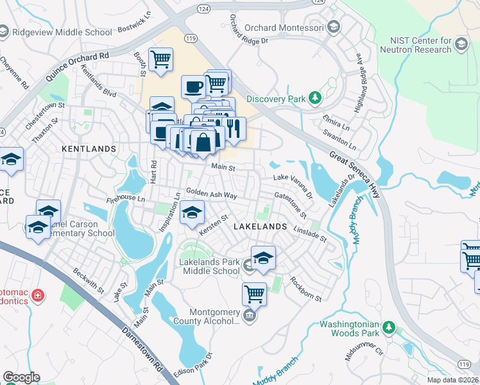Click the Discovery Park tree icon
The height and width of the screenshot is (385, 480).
click(314, 98)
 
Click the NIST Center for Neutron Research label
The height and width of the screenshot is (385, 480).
click(416, 44)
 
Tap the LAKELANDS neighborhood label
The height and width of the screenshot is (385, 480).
click(259, 227)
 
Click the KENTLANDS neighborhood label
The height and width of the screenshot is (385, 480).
click(89, 148)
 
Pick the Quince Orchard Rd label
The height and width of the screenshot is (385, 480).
click(78, 68)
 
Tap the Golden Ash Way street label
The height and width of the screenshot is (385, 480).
click(211, 193)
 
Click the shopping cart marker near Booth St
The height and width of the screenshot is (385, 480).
click(160, 60)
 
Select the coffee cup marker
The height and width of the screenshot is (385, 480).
click(193, 86)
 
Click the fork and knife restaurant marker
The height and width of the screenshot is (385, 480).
click(233, 128)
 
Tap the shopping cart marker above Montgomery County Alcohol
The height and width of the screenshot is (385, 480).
click(254, 294)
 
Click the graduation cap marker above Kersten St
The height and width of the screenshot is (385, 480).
click(192, 212)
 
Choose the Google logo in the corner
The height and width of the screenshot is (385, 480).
click(21, 377)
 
